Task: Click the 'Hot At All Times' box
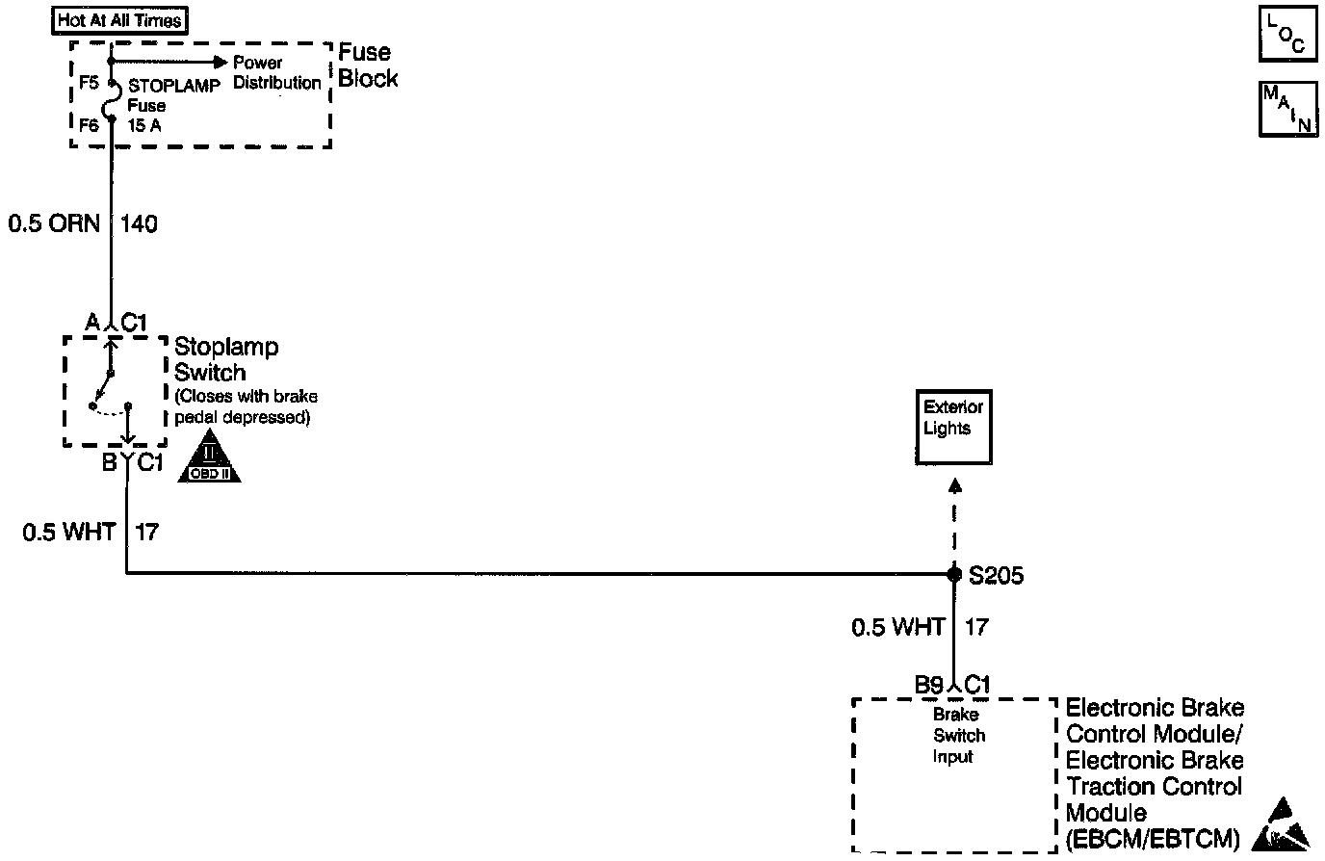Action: pos(119,19)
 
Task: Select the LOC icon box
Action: pos(1287,35)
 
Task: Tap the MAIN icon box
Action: pos(1287,110)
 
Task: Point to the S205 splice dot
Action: pos(954,574)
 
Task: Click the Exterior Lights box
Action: pos(953,429)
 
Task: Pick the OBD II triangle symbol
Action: pos(210,459)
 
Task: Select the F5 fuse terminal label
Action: pos(89,83)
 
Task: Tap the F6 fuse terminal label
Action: pos(89,125)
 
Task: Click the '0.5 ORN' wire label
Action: pos(54,224)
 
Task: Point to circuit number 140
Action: pos(140,224)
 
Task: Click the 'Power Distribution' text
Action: pos(276,73)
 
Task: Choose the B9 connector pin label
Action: pos(928,685)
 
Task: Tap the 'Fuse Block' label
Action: pos(367,65)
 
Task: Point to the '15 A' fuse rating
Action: pos(145,125)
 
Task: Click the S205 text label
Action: pos(996,576)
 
